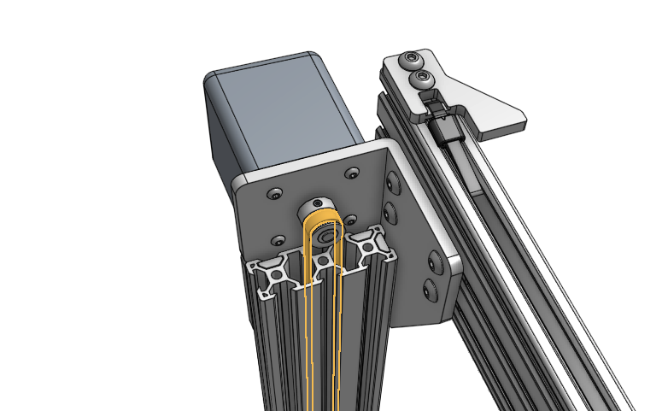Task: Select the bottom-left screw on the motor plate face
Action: coord(278,240)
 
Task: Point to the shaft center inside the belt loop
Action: coord(324,236)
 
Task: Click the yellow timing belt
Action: coord(312,342)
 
